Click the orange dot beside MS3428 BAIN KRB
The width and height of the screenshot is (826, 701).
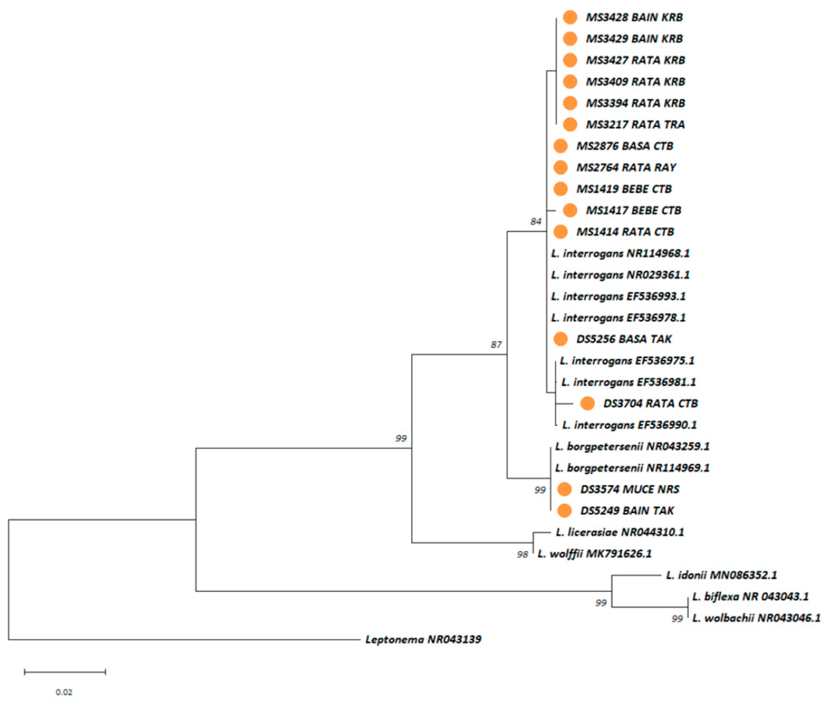(x=570, y=17)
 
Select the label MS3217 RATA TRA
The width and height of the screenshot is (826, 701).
(x=635, y=124)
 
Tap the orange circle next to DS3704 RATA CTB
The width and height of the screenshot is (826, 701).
(x=587, y=403)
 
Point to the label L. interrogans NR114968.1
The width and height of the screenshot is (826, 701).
(x=620, y=253)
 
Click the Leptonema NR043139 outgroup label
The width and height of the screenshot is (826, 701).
(x=423, y=639)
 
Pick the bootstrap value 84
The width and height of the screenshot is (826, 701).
(x=535, y=221)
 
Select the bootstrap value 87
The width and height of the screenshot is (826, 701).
(x=496, y=345)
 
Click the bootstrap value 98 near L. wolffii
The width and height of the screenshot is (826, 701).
(x=522, y=554)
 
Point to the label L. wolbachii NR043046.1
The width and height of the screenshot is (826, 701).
(x=756, y=618)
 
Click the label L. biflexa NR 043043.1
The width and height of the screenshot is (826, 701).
(x=750, y=597)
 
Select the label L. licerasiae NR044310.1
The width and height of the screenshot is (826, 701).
(x=620, y=532)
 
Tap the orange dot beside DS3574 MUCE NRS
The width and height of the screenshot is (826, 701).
(x=564, y=489)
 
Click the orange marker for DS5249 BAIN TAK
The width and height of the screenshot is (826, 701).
(x=564, y=511)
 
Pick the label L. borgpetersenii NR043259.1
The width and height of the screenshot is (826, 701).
(x=632, y=446)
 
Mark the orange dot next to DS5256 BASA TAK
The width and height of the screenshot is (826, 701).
(x=560, y=339)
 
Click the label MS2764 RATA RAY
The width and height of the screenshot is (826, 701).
(x=626, y=168)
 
